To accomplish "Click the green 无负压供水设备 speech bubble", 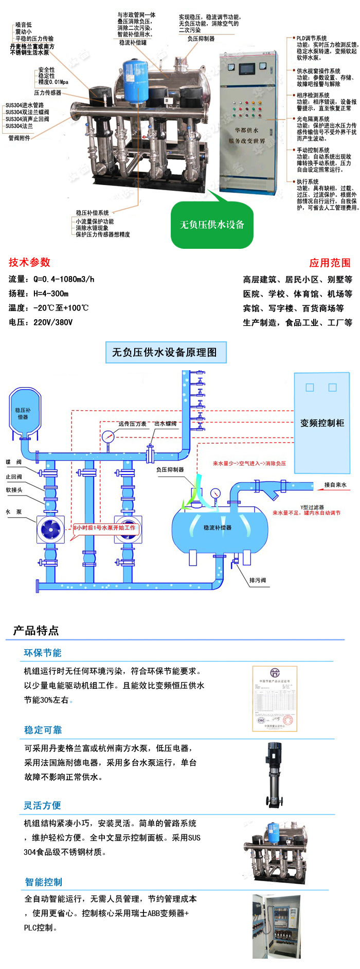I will [x=212, y=225].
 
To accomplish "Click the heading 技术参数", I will [x=29, y=262].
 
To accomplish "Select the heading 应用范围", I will [x=330, y=263].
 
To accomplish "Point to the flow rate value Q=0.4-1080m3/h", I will [x=63, y=279].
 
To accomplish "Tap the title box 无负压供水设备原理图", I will [x=165, y=352].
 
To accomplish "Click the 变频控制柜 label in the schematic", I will [x=322, y=423].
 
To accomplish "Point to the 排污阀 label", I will [x=258, y=580].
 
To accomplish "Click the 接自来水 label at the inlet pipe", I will [x=335, y=485].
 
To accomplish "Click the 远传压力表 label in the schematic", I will [x=132, y=424].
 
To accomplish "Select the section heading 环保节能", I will [x=43, y=653].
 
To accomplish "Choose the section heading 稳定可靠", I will [x=43, y=730].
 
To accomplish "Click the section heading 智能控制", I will [x=44, y=882].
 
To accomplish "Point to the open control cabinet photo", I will [x=276, y=926].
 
